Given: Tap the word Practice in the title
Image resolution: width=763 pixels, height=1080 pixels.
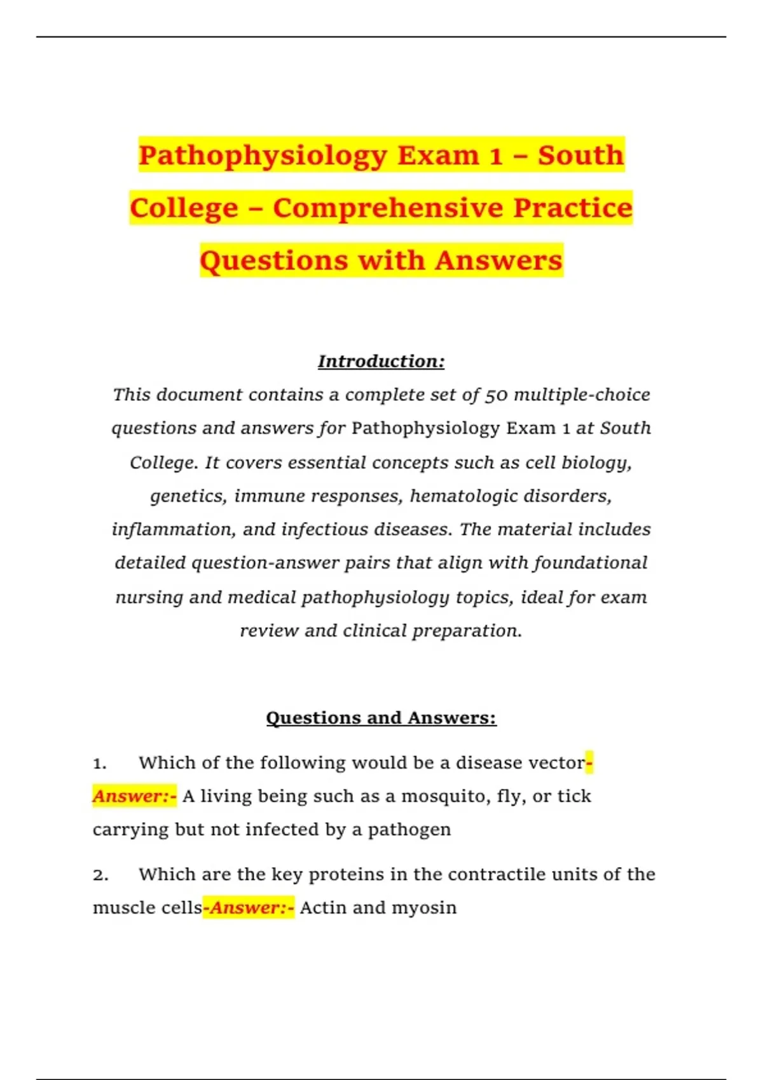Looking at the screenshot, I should coord(573,208).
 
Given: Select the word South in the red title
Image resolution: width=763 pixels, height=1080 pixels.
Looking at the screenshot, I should coord(581,156).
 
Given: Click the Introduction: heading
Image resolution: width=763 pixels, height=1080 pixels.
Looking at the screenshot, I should coord(381,361).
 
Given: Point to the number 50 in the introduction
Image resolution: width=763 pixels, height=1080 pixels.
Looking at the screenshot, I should coord(497,395).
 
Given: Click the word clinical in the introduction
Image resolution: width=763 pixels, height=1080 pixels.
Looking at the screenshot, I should coord(375,631).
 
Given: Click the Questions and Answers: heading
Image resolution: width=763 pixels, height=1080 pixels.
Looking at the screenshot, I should coord(381,718).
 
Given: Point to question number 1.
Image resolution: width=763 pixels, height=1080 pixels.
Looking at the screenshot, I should coord(99,763).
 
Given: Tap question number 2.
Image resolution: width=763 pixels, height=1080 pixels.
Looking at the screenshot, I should coord(100,875).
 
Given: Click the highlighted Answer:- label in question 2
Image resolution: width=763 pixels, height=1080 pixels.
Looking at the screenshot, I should coord(249,908).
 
